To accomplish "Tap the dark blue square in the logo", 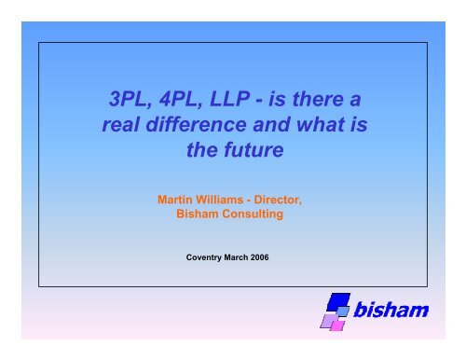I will [340, 302].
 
